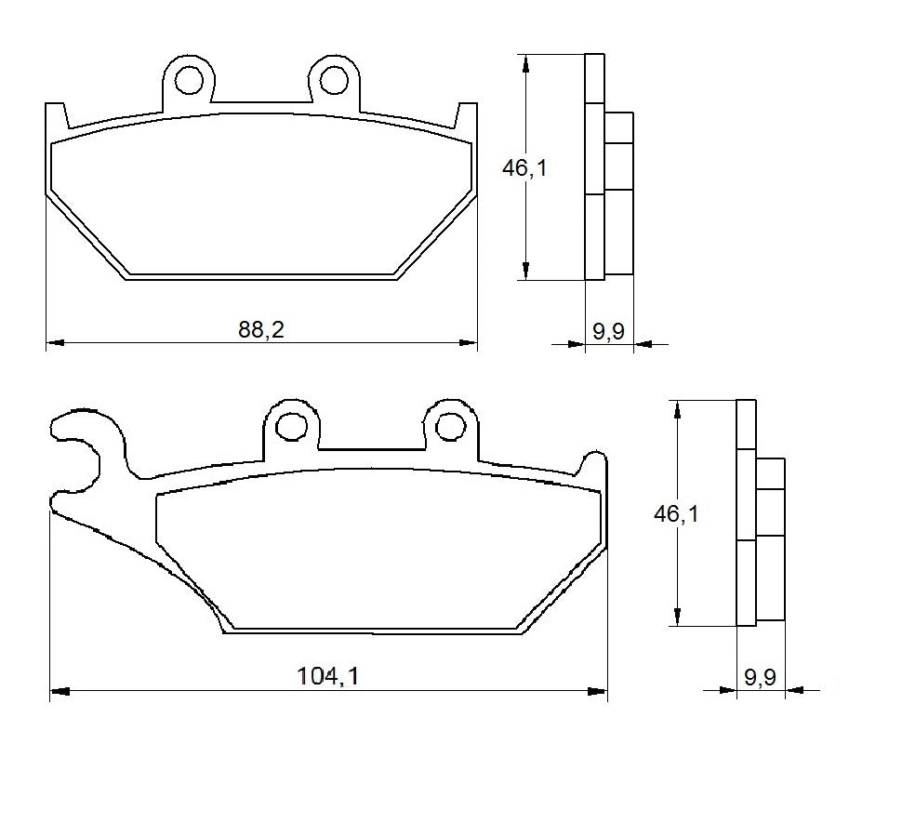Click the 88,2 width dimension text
[x=261, y=331]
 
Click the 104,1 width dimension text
[x=327, y=678]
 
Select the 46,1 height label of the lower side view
[x=675, y=513]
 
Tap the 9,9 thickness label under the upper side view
[x=608, y=331]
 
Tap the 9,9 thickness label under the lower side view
[x=760, y=678]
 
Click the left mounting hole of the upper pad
[x=189, y=80]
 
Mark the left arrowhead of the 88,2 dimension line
[x=54, y=343]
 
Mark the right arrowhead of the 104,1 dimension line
[x=598, y=691]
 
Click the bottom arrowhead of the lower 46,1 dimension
[x=679, y=618]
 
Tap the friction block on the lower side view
[x=771, y=539]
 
